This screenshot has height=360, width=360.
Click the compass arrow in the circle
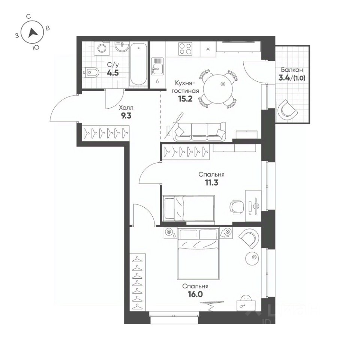coord(33,33)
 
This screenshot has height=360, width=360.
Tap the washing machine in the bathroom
coord(101,48)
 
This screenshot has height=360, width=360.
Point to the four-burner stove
coord(185,49)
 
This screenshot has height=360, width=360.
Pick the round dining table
coord(218,89)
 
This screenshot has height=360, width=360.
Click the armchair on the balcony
coord(287,110)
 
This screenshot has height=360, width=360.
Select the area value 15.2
coord(185,99)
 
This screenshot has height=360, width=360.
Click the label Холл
coord(126,108)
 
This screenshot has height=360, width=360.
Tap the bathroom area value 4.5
coord(113,73)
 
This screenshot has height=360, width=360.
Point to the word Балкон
coord(292,70)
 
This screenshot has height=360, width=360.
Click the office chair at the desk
coord(237,207)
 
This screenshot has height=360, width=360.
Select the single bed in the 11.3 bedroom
coord(189,208)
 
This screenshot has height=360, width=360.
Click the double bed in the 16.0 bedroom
coord(198,254)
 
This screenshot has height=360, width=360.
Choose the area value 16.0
coord(195,294)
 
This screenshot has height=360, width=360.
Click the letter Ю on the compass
coord(35,48)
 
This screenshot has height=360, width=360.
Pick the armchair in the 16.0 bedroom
coord(249,238)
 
